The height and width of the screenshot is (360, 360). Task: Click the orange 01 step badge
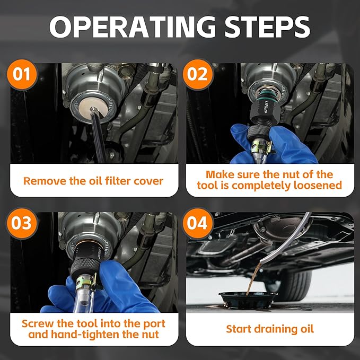pyautogui.click(x=22, y=74)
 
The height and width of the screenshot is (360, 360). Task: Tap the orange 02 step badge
pyautogui.click(x=198, y=74)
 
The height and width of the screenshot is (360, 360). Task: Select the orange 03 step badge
pyautogui.click(x=22, y=223)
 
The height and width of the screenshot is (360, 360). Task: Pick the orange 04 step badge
pyautogui.click(x=198, y=223)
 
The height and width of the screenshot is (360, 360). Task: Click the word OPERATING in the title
pyautogui.click(x=133, y=27)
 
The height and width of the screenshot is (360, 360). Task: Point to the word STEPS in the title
pyautogui.click(x=267, y=27)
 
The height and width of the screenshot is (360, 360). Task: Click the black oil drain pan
pyautogui.click(x=248, y=300)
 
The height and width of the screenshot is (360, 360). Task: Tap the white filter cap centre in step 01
pyautogui.click(x=93, y=108)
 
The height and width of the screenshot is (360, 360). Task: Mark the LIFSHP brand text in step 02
pyautogui.click(x=264, y=106)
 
